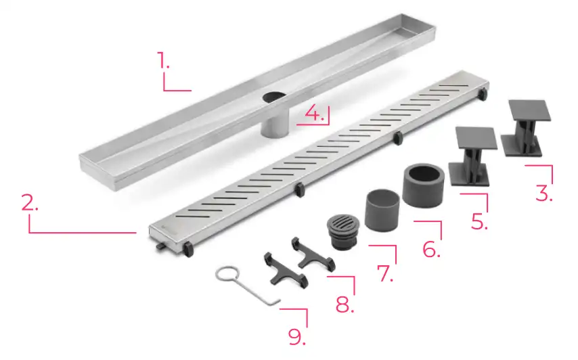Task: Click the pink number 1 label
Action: click(x=163, y=60)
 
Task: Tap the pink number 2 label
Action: click(x=30, y=202)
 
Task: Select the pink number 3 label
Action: click(x=544, y=193)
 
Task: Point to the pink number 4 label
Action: click(x=315, y=113)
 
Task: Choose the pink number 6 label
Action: click(x=431, y=249)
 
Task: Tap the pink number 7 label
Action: click(x=385, y=273)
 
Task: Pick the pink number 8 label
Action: click(x=345, y=305)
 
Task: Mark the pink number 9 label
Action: click(x=296, y=336)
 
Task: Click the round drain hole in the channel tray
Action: click(x=275, y=97)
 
